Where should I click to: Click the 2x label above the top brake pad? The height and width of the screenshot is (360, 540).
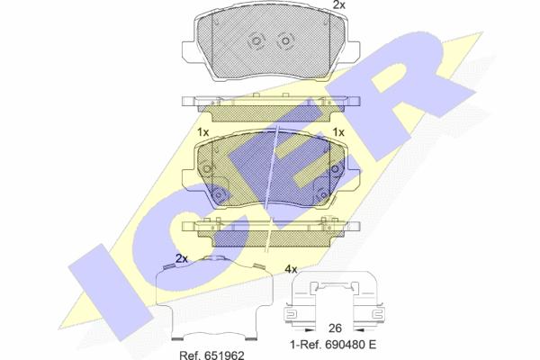click(339, 4)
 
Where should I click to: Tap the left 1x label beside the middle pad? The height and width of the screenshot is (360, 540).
click(203, 132)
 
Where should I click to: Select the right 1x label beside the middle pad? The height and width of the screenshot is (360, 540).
click(338, 132)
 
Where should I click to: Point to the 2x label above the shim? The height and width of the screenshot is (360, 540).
click(182, 258)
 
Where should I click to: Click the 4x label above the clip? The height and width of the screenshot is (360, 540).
click(291, 269)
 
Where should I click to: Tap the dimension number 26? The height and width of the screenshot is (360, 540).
click(335, 328)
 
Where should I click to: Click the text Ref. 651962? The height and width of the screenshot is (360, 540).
click(211, 355)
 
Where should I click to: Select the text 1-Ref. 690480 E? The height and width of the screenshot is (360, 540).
click(333, 345)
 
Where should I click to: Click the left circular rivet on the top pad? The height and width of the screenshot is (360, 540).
click(256, 40)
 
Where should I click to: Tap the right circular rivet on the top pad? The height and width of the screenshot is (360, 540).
click(285, 40)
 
